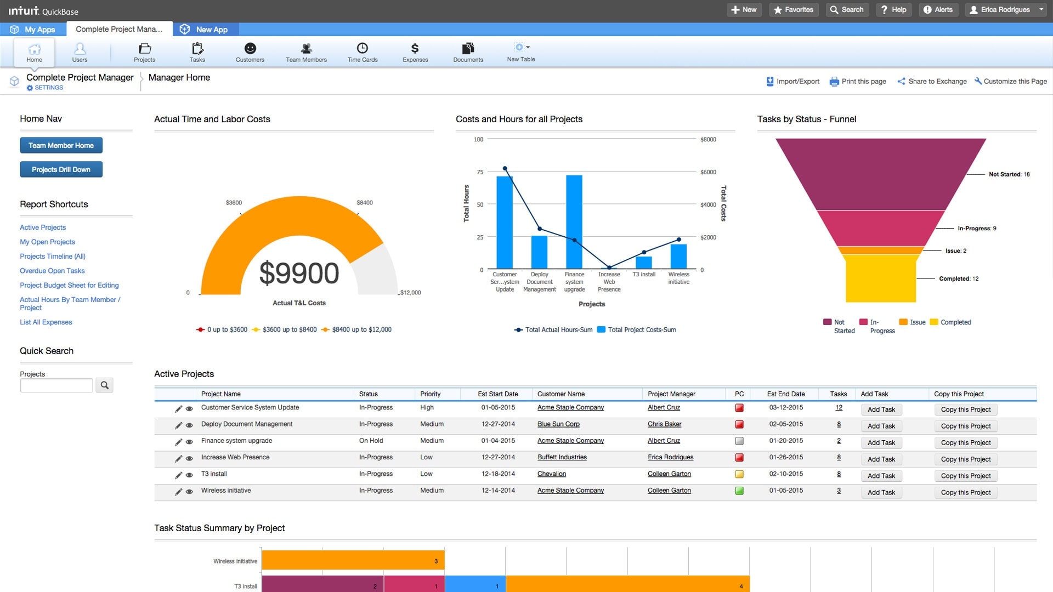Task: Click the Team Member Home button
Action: [x=61, y=145]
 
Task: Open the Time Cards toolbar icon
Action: [x=362, y=52]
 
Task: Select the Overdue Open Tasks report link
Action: [x=52, y=271]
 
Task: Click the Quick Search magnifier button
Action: [x=104, y=385]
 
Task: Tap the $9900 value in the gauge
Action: [x=299, y=273]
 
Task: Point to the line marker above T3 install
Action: [x=644, y=252]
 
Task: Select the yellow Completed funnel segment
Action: [x=880, y=280]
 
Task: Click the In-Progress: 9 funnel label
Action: [x=977, y=229]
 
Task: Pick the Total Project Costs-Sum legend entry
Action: [x=641, y=330]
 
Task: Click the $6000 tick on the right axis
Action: [x=708, y=172]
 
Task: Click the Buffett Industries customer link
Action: [x=562, y=457]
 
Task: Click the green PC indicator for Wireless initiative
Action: [x=739, y=491]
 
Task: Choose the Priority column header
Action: [x=430, y=394]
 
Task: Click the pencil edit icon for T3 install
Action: [x=178, y=475]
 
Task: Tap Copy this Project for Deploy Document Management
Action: [x=965, y=426]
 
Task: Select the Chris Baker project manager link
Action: [x=664, y=424]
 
